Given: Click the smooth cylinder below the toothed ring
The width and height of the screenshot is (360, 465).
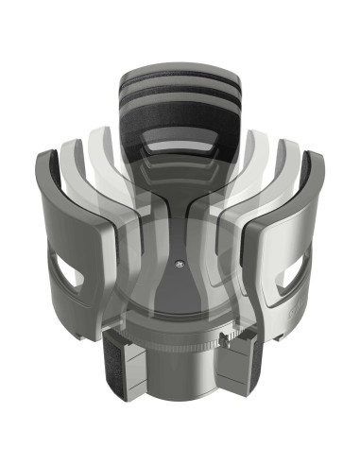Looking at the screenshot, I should click(180, 378).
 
